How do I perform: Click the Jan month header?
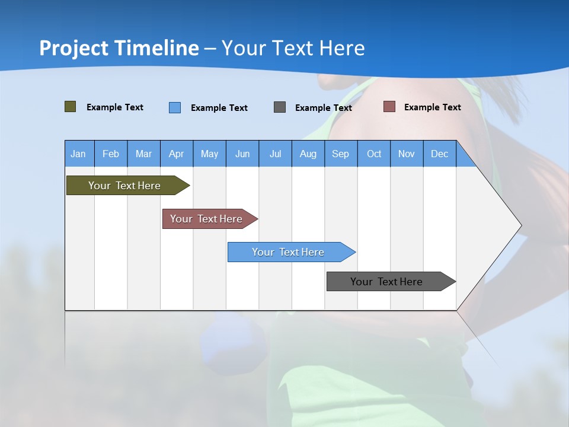click(79, 154)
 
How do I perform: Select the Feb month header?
click(111, 154)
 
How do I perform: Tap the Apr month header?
click(177, 154)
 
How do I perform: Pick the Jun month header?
click(242, 154)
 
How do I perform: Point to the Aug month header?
click(308, 154)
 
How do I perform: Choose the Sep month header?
click(341, 154)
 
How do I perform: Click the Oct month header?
click(374, 154)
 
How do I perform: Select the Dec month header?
click(440, 154)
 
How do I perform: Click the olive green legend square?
click(70, 107)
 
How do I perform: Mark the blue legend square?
click(175, 107)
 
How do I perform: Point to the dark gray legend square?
click(280, 107)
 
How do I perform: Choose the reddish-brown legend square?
click(389, 107)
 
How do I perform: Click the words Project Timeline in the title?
click(119, 48)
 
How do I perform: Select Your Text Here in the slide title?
click(293, 48)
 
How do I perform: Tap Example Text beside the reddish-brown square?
click(432, 107)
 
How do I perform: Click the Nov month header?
click(407, 154)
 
